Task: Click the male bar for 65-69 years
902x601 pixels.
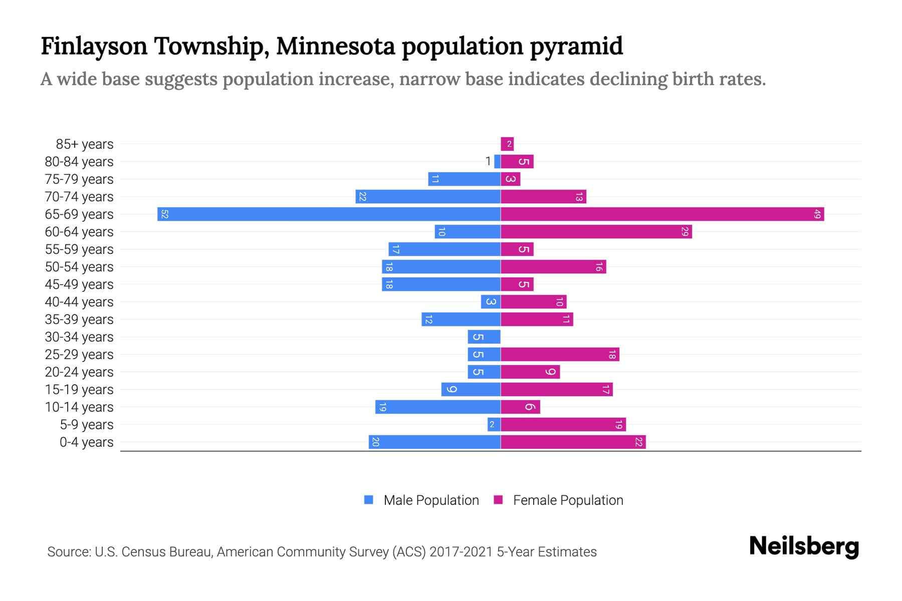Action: (x=329, y=214)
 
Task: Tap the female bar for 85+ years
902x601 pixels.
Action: (x=507, y=144)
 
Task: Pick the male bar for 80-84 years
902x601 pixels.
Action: (x=497, y=162)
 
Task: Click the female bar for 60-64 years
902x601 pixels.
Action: (x=596, y=232)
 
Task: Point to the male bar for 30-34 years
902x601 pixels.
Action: (x=484, y=337)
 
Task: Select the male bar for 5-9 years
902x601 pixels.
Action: (x=494, y=425)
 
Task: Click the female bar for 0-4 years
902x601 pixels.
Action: (x=573, y=442)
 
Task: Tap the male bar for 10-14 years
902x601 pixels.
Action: (x=437, y=407)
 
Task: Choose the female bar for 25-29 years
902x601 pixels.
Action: (x=560, y=355)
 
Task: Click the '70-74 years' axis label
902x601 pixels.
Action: (x=79, y=197)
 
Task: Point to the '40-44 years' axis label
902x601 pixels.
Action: (x=79, y=302)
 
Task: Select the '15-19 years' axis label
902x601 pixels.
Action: (x=79, y=390)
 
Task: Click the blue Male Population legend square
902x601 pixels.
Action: (x=369, y=500)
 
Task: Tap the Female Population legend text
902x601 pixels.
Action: (x=568, y=500)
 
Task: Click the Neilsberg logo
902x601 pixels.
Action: (x=804, y=546)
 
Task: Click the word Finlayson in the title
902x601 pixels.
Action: (x=94, y=46)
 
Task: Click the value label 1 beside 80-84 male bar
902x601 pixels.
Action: (x=488, y=161)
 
